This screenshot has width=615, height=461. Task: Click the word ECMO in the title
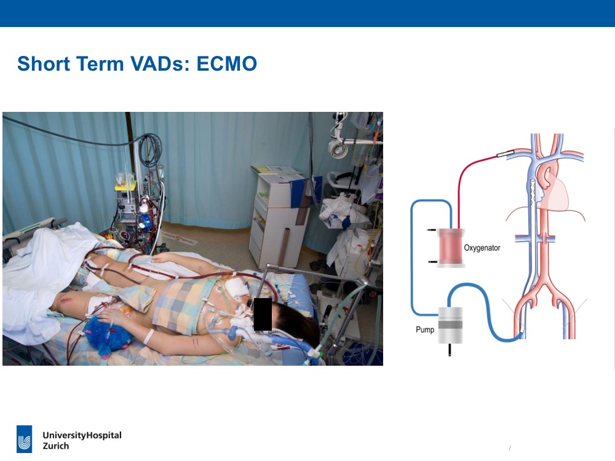227,63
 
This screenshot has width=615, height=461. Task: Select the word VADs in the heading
160,63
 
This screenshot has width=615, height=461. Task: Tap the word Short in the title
44,63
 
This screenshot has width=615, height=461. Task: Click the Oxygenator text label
482,248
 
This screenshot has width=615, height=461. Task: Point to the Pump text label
425,329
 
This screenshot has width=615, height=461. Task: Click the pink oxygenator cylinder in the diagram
451,248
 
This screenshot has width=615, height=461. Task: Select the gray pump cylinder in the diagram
450,325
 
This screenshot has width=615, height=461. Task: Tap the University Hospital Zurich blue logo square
25,439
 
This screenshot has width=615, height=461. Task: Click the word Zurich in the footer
56,446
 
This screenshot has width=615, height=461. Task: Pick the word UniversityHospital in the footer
82,435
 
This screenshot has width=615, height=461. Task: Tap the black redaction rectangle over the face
263,314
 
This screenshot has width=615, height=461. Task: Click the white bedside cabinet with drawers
277,219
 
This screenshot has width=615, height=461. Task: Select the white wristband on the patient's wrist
149,336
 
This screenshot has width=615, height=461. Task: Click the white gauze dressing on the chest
237,287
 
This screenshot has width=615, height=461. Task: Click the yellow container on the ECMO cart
125,186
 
